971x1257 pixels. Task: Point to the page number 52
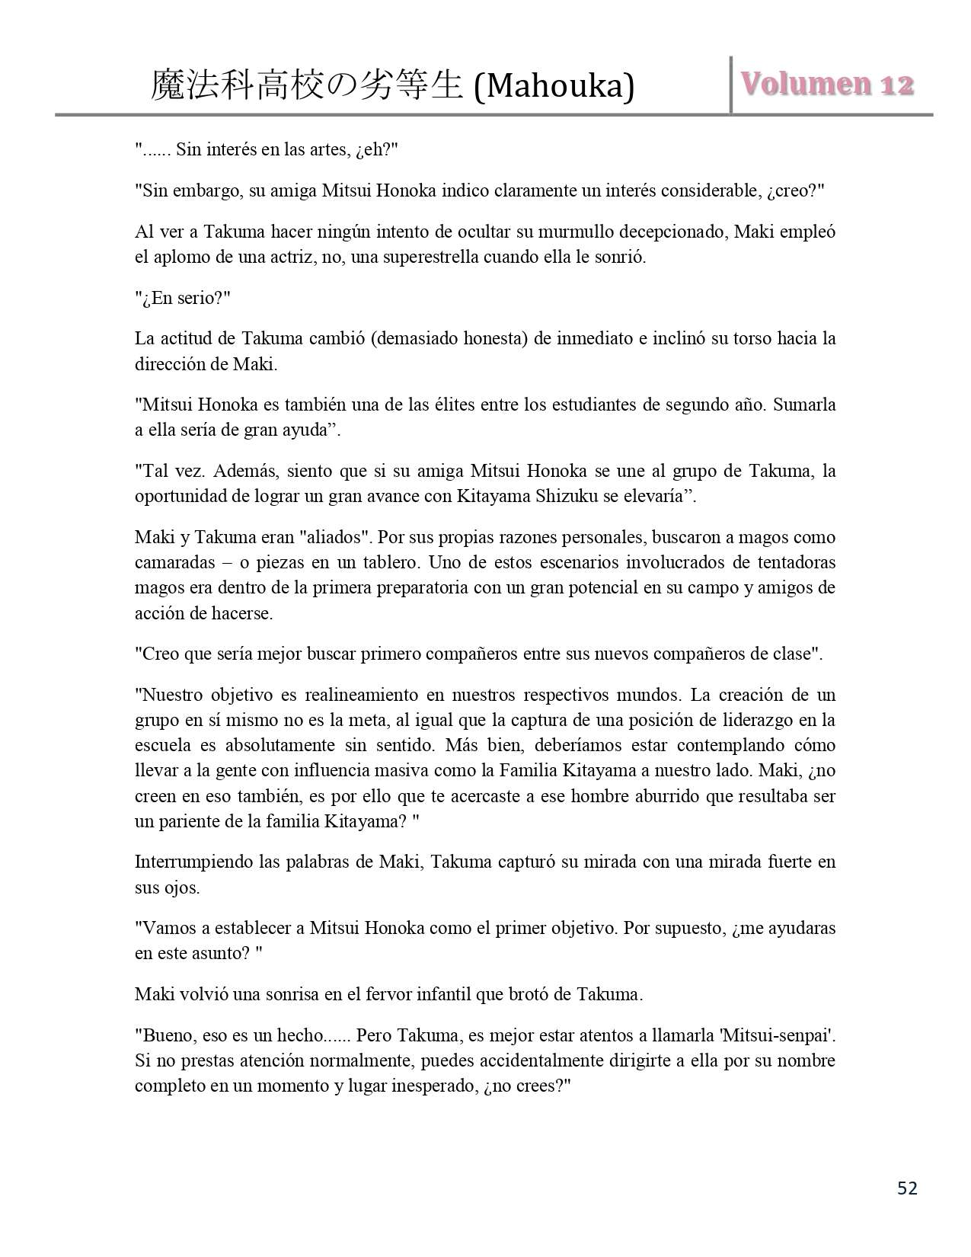(x=907, y=1188)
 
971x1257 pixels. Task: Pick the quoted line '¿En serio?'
(x=182, y=298)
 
